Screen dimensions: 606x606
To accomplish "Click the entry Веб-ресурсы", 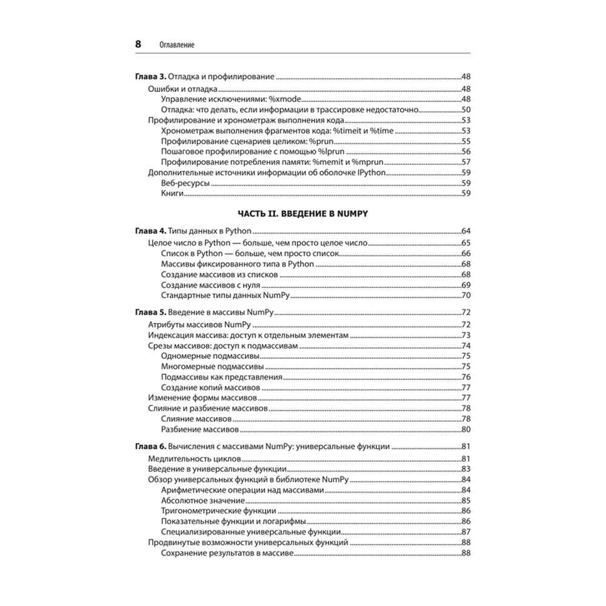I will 185,182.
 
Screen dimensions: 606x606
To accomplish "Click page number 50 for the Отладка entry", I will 466,110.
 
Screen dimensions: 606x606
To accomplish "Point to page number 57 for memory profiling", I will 466,162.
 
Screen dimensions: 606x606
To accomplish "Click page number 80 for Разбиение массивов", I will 466,430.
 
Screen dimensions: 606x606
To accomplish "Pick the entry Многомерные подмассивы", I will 212,366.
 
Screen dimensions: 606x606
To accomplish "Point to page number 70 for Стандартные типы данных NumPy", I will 466,296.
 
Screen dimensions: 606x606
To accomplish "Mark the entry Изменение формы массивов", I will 203,398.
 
